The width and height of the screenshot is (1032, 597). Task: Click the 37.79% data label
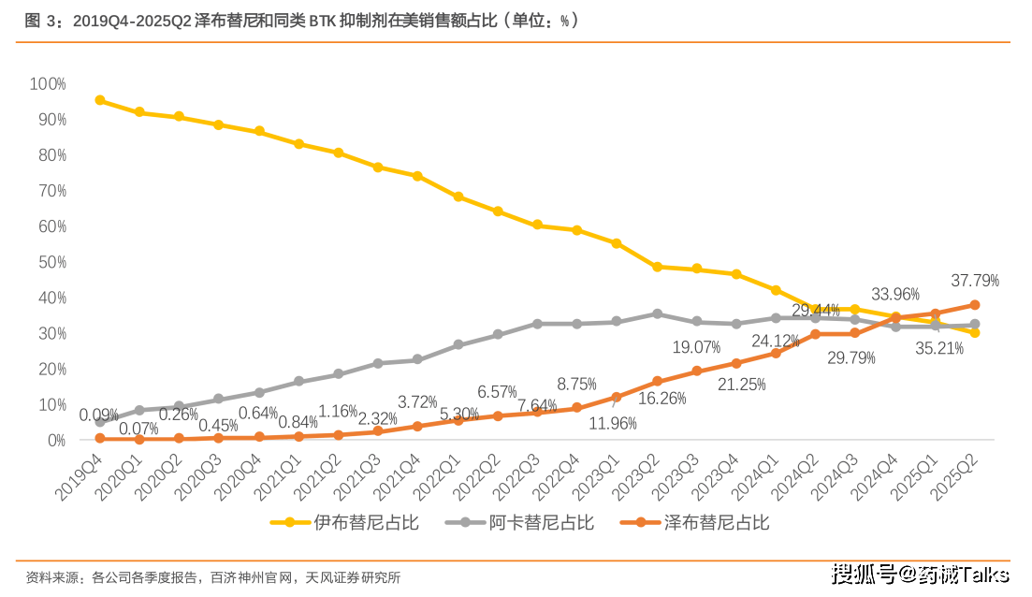tap(975, 280)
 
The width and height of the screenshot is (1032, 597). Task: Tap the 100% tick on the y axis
tap(48, 84)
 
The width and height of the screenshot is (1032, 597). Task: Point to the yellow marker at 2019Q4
tap(99, 100)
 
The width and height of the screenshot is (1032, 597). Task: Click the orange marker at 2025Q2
tap(975, 304)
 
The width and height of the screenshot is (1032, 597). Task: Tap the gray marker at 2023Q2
tap(657, 313)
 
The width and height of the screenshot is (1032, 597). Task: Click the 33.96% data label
tap(895, 295)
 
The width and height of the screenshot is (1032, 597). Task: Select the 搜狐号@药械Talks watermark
tap(921, 573)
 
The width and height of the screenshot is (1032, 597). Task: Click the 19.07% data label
tap(697, 347)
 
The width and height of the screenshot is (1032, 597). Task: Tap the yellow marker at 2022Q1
tap(458, 197)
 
